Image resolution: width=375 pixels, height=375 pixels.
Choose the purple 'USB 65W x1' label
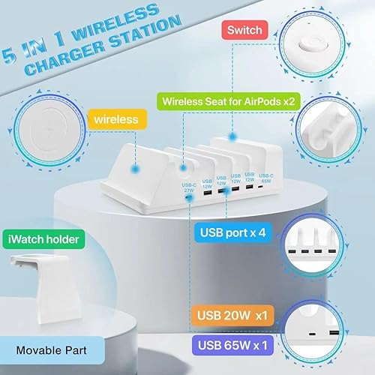pyautogui.click(x=233, y=346)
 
